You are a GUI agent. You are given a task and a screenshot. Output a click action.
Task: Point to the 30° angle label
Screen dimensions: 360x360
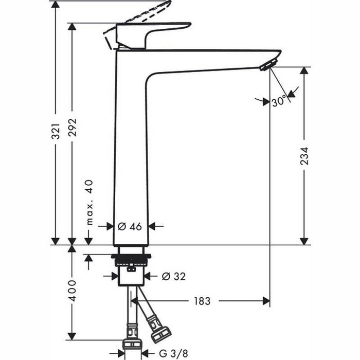(279, 102)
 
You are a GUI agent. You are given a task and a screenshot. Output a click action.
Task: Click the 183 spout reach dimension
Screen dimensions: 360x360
(202, 301)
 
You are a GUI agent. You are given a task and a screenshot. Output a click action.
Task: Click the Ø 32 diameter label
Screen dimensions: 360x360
(173, 276)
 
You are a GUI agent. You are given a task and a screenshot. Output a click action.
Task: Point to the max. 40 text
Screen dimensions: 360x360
(88, 202)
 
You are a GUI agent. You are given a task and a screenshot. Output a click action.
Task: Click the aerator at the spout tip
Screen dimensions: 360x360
(266, 65)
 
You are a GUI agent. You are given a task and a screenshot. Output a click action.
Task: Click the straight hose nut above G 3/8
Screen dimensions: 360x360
(132, 344)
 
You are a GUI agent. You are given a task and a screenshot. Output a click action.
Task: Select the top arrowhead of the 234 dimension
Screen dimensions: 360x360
(304, 71)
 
